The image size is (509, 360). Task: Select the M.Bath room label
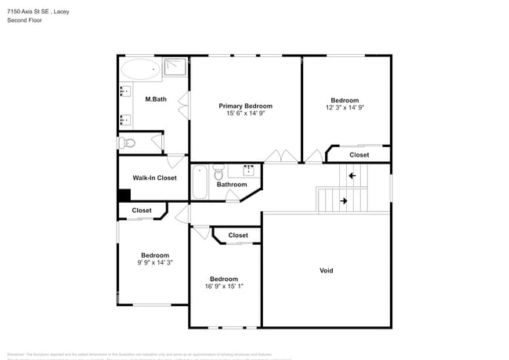click(156, 99)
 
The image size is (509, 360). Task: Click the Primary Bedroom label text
click(245, 106)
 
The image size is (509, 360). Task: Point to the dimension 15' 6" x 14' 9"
click(245, 113)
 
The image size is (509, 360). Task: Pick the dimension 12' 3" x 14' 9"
click(345, 108)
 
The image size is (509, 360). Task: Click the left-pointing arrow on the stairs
click(352, 176)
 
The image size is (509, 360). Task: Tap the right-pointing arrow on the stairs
click(343, 201)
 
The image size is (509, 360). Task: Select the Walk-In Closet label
click(154, 178)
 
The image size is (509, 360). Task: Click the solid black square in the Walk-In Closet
click(124, 196)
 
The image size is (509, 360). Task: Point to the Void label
click(326, 271)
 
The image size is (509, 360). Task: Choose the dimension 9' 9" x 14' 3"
click(154, 263)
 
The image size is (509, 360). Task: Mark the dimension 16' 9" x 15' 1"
click(223, 286)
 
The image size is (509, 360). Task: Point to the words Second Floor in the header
click(25, 20)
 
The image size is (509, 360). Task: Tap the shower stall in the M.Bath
click(176, 67)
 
